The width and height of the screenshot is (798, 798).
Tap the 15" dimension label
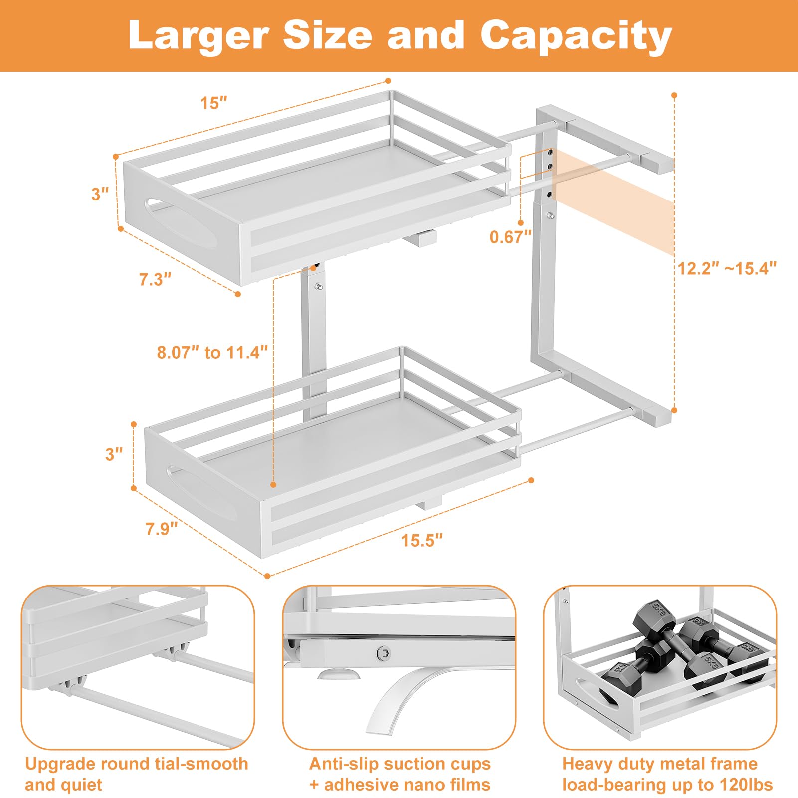[213, 103]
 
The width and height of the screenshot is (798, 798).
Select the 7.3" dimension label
[155, 279]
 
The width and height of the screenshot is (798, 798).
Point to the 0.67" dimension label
[510, 237]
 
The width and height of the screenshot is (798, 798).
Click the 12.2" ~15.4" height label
[727, 268]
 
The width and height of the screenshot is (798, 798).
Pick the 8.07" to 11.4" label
[212, 352]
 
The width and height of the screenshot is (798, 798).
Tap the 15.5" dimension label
[422, 540]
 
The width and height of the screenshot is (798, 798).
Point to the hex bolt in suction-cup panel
[383, 652]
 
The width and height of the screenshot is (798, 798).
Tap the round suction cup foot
[339, 675]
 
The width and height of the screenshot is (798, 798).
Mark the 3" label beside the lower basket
[114, 454]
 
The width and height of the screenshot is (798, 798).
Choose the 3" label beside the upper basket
[100, 194]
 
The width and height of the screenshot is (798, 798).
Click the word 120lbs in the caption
[746, 785]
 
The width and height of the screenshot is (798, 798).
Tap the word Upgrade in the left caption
[60, 764]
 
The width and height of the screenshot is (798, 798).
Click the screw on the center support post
[318, 287]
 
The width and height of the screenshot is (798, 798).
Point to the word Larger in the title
[199, 36]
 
